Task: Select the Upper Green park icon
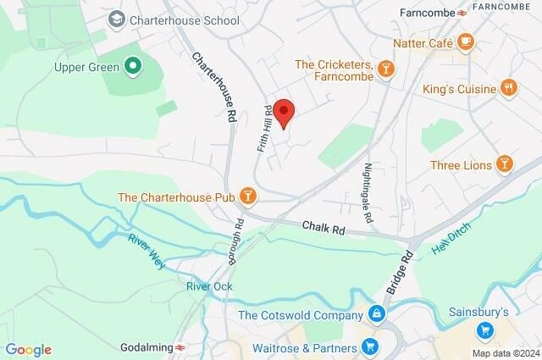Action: click(x=132, y=64)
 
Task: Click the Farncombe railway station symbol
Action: click(x=462, y=13)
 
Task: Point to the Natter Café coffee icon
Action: click(x=465, y=41)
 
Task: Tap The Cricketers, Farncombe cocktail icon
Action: click(x=385, y=67)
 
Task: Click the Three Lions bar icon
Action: click(x=505, y=163)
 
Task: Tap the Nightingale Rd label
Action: click(x=368, y=193)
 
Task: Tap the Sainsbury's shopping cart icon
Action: click(x=485, y=330)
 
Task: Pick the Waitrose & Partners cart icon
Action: click(x=369, y=346)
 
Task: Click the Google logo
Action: click(x=29, y=350)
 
